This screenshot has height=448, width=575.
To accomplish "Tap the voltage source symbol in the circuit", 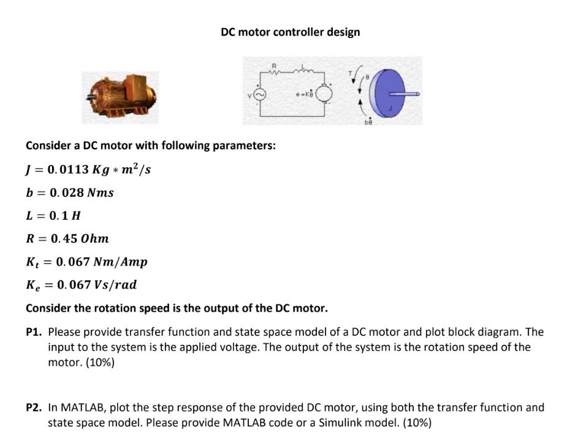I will point(259,95).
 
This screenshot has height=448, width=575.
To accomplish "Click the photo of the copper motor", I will point(120,97).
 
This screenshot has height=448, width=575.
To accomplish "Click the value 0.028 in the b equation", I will point(61,193).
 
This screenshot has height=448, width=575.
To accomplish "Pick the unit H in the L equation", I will point(77,216).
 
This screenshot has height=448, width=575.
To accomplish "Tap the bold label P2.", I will point(34,407).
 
